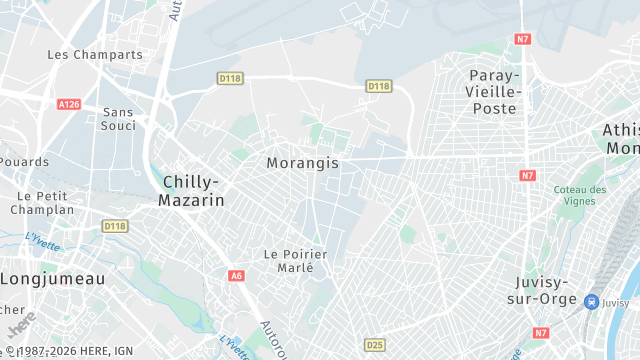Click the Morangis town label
pos(303,162)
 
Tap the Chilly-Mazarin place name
pos(191,191)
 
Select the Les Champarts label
pos(95,55)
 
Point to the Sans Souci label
pos(118,120)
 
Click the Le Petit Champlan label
pos(42,203)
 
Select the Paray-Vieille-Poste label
pos(495,91)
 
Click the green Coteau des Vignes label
pos(581,196)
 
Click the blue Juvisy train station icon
pos(592,302)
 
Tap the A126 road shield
pos(69,104)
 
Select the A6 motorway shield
pos(236,275)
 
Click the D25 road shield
pos(374,345)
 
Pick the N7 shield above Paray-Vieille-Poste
pos(523,40)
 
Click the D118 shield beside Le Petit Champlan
pos(115,227)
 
